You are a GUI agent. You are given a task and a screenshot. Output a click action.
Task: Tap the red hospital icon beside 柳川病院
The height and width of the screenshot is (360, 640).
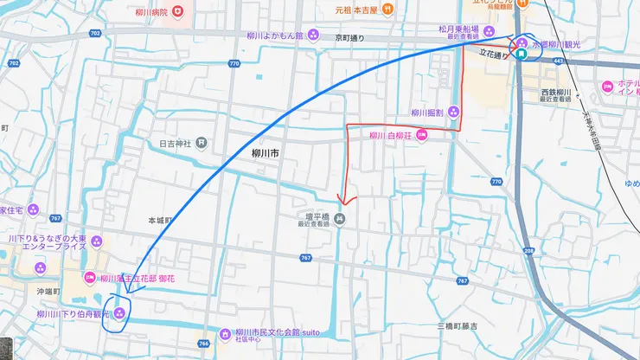click(x=177, y=12)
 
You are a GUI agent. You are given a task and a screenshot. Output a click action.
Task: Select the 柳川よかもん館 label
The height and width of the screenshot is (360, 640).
click(x=274, y=36)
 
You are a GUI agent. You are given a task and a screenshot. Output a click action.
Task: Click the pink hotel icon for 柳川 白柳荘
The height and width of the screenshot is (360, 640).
click(x=422, y=135)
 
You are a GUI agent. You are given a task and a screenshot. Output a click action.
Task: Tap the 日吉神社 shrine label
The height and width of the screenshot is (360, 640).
click(x=176, y=143)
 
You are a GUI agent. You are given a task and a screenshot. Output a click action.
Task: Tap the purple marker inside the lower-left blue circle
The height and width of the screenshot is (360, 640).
click(x=118, y=314)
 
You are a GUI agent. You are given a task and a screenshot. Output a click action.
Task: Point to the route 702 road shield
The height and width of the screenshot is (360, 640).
click(x=94, y=33)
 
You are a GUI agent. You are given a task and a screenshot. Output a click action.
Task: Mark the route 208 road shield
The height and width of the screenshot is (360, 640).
click(x=528, y=247)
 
